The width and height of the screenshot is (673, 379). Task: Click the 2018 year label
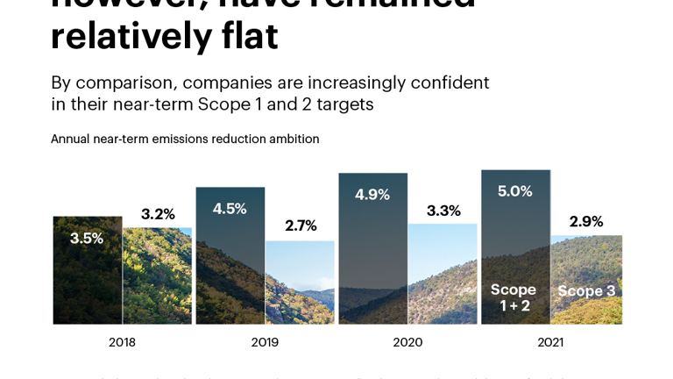click(122, 342)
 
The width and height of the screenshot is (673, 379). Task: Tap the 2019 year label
click(265, 342)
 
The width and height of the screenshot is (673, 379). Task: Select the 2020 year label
click(407, 342)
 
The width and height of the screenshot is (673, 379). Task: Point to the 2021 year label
click(550, 342)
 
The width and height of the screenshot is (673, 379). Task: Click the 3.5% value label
click(87, 238)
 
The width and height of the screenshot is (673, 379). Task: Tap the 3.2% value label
click(158, 214)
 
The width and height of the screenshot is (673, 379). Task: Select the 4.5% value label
click(230, 209)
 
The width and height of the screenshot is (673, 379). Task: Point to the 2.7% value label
click(301, 225)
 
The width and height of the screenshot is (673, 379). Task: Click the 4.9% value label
click(372, 195)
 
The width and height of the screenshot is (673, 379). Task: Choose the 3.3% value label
click(443, 211)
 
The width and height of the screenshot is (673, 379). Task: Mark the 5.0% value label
click(515, 191)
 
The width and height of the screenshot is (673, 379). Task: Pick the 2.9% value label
click(586, 221)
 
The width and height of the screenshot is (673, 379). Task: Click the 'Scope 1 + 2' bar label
click(514, 297)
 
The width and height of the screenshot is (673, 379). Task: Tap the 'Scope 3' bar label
click(586, 291)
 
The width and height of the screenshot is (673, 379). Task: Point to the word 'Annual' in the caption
click(70, 139)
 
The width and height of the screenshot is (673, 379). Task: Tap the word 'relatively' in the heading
click(131, 36)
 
